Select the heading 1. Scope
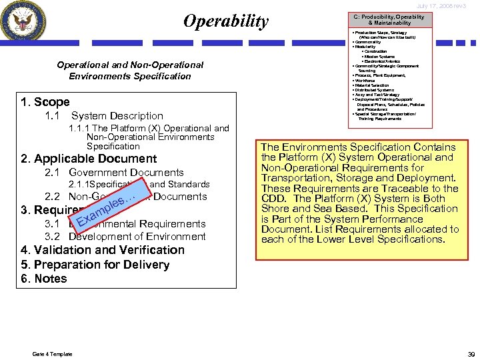pos(45,102)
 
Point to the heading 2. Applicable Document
pos(89,159)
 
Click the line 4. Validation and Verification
pos(103,250)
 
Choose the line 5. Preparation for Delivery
pos(95,265)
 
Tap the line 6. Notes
pos(44,279)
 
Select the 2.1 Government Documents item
pos(114,173)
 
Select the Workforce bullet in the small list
pos(365,81)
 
